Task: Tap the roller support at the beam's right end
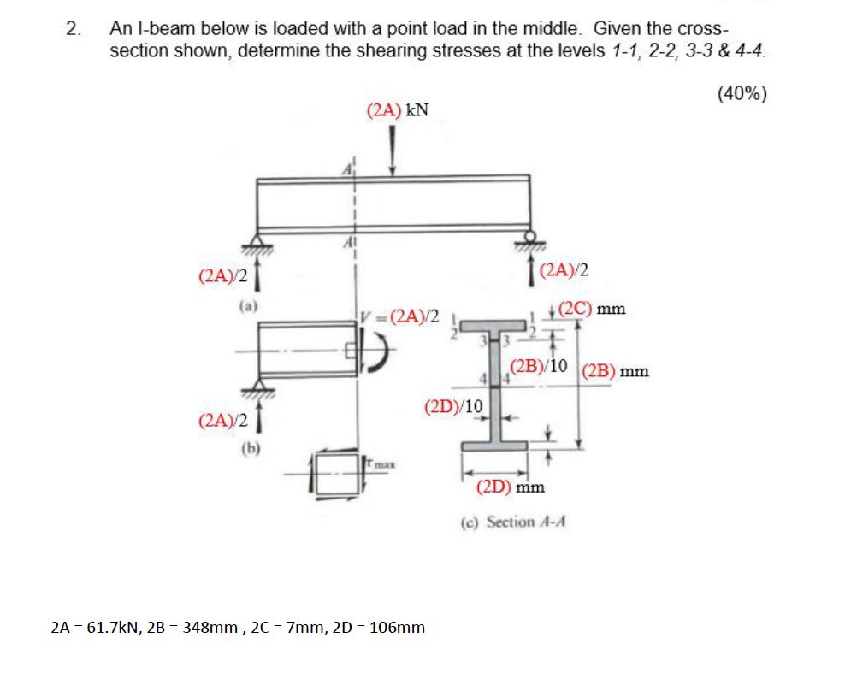click(531, 237)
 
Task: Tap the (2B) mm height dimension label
click(615, 372)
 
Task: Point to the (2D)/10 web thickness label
click(453, 405)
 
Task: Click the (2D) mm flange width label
click(511, 487)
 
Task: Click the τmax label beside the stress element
click(381, 463)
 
